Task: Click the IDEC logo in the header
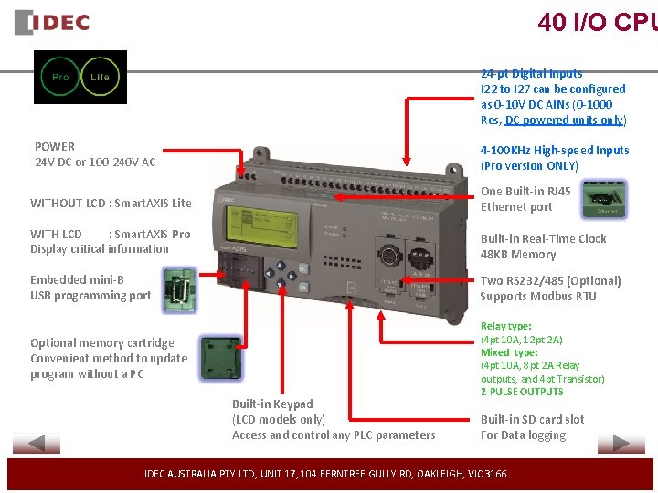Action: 52,22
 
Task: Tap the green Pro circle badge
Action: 60,77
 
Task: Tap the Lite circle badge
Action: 100,77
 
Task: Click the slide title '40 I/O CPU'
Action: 597,22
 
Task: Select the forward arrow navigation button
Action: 621,445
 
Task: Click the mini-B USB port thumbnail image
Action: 176,290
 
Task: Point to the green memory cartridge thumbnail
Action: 218,354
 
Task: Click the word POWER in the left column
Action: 55,146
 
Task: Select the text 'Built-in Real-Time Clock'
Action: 543,238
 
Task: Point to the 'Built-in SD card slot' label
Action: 532,419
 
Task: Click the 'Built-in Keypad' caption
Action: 272,404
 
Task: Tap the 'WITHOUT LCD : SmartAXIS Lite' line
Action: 111,203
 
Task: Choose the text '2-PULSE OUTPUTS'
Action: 522,392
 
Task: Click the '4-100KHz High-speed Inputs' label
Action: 555,150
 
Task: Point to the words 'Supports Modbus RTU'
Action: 537,296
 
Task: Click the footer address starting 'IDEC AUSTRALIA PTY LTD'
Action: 325,474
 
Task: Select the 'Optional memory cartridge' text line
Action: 101,342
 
